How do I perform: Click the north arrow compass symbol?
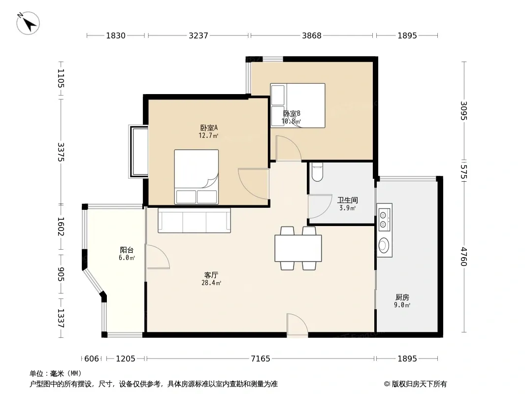pos(28,23)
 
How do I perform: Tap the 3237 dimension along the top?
pos(198,35)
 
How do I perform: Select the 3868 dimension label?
pos(311,35)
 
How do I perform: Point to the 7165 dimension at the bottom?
pos(261,359)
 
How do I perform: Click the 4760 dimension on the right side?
pos(464,257)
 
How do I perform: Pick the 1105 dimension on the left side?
pos(61,78)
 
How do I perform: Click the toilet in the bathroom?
pos(317,172)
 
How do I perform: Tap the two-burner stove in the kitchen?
pos(384,217)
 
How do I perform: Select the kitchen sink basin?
pos(384,245)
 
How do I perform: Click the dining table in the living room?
pos(298,248)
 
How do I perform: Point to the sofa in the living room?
pos(194,220)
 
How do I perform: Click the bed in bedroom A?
pos(196,177)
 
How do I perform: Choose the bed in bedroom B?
pos(297,105)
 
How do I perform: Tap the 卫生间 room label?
pos(348,200)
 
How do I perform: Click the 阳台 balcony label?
pos(127,250)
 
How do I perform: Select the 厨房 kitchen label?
pos(402,297)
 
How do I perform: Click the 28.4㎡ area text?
pos(211,283)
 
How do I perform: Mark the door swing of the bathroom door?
pos(320,206)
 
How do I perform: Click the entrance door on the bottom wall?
pos(297,324)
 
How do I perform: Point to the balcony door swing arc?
pos(158,257)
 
